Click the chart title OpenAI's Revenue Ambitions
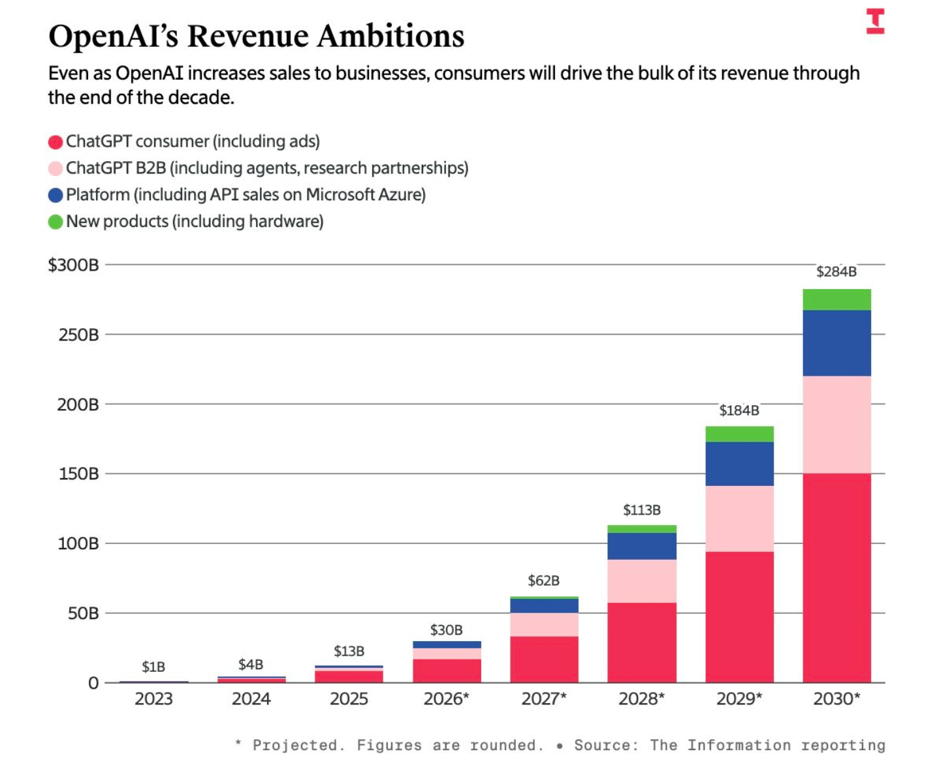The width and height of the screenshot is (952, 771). (x=256, y=36)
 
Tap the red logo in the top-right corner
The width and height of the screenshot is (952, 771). (x=875, y=21)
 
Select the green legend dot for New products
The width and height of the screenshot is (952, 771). (x=56, y=222)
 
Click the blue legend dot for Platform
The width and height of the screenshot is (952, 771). (x=56, y=195)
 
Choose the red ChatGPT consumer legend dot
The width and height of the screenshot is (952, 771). (x=56, y=142)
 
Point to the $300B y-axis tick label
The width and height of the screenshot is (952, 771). (x=73, y=265)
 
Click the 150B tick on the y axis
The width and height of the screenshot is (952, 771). (x=78, y=474)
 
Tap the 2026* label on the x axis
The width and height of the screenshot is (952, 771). (x=446, y=699)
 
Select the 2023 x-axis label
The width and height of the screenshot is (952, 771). (x=153, y=699)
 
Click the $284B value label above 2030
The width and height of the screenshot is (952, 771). (x=836, y=271)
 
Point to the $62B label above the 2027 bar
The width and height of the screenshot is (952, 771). (x=543, y=581)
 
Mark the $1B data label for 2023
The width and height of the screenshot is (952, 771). (x=153, y=667)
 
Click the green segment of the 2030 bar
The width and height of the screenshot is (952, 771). (x=836, y=299)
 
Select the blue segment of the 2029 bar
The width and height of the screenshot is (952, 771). (x=739, y=464)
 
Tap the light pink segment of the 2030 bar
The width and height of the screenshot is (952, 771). (x=836, y=424)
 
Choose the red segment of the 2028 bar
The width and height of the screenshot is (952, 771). (x=641, y=642)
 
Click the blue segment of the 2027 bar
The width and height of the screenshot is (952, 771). (x=544, y=606)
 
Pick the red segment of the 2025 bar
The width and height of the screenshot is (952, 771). (x=349, y=676)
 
